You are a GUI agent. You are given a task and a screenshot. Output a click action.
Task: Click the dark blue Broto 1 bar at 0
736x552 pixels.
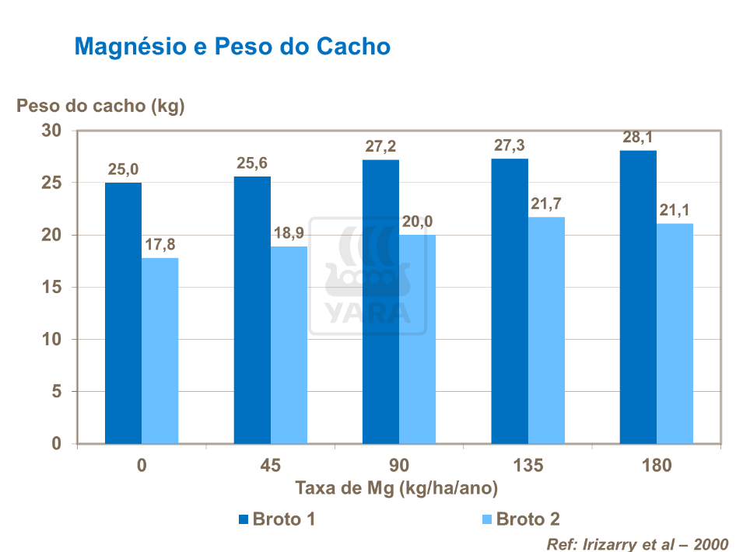point(123,313)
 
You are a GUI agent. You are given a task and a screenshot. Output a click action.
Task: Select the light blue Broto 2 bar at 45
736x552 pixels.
point(289,345)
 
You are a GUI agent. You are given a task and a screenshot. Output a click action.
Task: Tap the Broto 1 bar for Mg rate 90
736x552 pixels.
point(380,302)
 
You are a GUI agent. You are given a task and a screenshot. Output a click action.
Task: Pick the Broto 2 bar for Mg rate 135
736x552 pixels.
point(546,330)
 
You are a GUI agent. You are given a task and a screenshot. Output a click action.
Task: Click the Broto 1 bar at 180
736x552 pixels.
point(638,297)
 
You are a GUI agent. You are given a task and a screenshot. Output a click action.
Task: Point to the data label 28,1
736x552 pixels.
point(637,138)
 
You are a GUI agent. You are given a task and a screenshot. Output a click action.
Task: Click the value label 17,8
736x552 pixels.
point(159,245)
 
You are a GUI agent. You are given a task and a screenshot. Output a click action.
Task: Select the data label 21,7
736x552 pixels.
point(547,204)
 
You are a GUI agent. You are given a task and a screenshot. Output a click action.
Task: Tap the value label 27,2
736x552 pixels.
point(380,147)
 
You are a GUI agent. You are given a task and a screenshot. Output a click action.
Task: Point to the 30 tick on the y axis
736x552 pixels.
point(51,131)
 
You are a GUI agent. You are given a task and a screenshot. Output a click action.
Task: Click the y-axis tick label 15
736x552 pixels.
point(51,287)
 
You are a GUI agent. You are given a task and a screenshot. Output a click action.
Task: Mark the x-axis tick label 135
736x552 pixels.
point(528,466)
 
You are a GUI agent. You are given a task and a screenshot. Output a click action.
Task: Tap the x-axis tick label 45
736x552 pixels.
point(270,466)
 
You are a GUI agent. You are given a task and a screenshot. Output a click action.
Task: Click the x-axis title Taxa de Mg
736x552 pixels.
point(396,488)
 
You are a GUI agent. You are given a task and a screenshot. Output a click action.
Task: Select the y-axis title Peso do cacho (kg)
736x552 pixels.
point(100,107)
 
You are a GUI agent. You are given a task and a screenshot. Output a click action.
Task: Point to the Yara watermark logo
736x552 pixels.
point(367,276)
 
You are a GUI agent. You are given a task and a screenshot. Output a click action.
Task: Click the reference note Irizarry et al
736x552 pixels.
point(638,543)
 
